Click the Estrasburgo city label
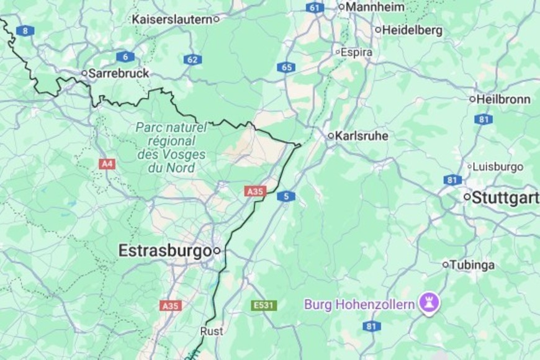(x=165, y=251)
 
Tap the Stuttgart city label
(x=505, y=198)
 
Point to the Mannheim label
(x=375, y=7)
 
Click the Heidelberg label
(x=412, y=29)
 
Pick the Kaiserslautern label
(x=171, y=19)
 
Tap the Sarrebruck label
(x=119, y=73)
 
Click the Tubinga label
(x=472, y=265)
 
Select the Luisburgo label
(x=498, y=167)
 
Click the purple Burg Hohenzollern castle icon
(x=429, y=304)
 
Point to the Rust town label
(x=212, y=331)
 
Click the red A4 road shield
(x=107, y=164)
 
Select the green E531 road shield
(x=264, y=305)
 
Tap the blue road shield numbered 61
(x=315, y=7)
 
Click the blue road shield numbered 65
(x=286, y=67)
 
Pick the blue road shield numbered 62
(x=192, y=60)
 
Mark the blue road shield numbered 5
(x=286, y=196)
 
